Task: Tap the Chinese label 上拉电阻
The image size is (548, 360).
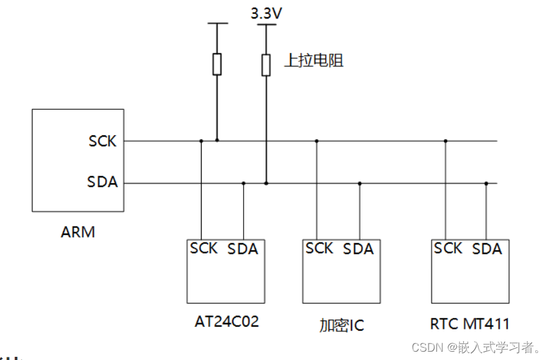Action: pyautogui.click(x=313, y=61)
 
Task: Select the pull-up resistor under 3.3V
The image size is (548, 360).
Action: pyautogui.click(x=266, y=64)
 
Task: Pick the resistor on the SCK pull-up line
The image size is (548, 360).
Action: pyautogui.click(x=217, y=64)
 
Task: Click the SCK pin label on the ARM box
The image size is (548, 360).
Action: pyautogui.click(x=103, y=141)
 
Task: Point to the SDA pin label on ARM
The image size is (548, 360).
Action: pyautogui.click(x=103, y=183)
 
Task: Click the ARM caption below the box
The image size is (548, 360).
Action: pyautogui.click(x=78, y=232)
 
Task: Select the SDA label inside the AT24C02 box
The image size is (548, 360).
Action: pyautogui.click(x=242, y=249)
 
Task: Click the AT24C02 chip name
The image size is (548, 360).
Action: pyautogui.click(x=227, y=322)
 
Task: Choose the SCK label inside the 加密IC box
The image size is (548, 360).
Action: pyautogui.click(x=319, y=248)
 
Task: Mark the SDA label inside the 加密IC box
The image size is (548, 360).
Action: pyautogui.click(x=358, y=249)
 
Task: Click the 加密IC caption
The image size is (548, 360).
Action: pyautogui.click(x=341, y=326)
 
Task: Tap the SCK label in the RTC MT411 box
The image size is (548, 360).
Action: pyautogui.click(x=448, y=248)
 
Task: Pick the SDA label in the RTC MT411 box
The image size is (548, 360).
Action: pyautogui.click(x=487, y=249)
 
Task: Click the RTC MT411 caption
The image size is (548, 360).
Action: pyautogui.click(x=470, y=324)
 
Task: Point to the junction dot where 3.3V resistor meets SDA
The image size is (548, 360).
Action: pyautogui.click(x=266, y=183)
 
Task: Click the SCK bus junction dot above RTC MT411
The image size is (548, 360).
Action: pyautogui.click(x=445, y=140)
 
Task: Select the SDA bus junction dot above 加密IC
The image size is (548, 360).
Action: pyautogui.click(x=359, y=183)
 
